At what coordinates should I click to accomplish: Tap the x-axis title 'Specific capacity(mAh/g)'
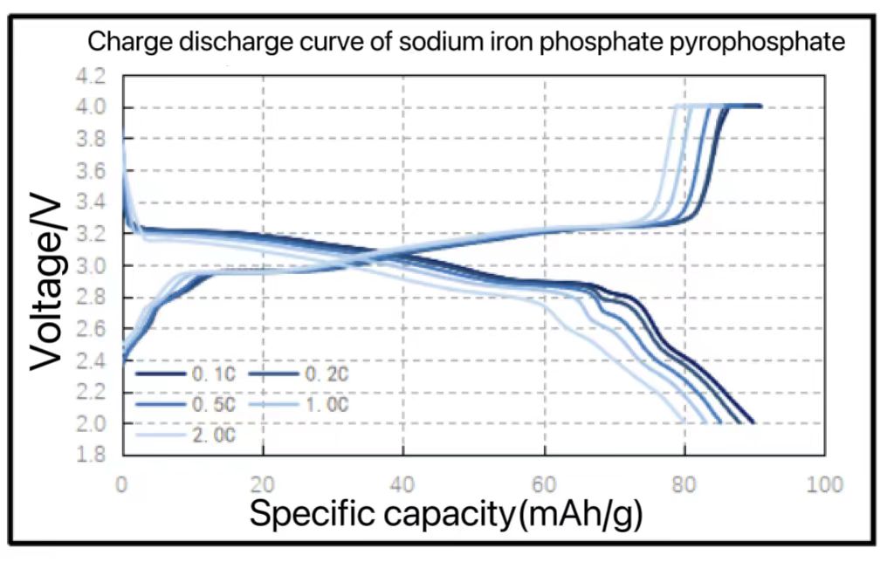[x=446, y=514]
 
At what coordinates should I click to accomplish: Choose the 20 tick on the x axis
[x=263, y=484]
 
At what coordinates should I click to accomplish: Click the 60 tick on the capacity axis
[x=545, y=484]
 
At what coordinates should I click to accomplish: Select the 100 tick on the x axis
[x=824, y=484]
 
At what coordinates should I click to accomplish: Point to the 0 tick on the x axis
[x=122, y=484]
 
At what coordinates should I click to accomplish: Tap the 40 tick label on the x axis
[x=403, y=484]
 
